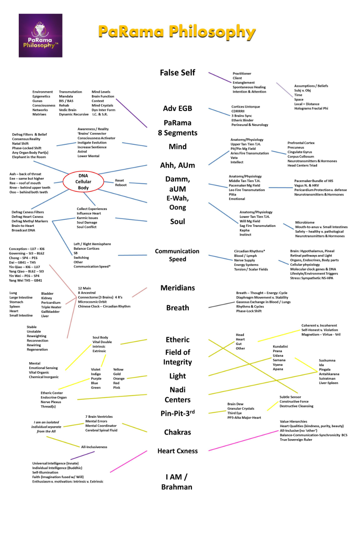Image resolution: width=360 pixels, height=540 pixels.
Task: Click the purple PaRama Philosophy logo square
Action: (x=40, y=35)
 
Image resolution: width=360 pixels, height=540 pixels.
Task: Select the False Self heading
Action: (x=177, y=73)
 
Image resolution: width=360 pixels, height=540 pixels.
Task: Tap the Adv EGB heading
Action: (x=177, y=108)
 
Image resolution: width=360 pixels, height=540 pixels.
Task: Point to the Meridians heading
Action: (x=178, y=288)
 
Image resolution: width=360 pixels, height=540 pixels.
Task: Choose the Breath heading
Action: (x=178, y=308)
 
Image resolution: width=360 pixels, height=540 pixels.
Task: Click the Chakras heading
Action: (x=178, y=432)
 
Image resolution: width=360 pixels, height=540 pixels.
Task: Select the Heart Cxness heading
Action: (x=178, y=451)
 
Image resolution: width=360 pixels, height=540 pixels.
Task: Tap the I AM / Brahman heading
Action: (x=177, y=482)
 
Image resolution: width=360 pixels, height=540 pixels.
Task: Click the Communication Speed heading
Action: (x=177, y=255)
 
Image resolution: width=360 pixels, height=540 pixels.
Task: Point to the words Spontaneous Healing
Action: (x=249, y=87)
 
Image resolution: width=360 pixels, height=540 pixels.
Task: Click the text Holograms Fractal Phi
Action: (x=311, y=108)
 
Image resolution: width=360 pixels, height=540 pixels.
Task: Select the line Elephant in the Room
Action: (x=29, y=157)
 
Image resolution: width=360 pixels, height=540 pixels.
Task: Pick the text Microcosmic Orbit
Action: (x=92, y=302)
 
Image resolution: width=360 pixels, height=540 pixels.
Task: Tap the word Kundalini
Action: (x=280, y=346)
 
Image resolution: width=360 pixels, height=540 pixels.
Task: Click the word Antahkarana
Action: (x=329, y=374)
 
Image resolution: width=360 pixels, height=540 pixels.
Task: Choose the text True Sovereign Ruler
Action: (x=296, y=440)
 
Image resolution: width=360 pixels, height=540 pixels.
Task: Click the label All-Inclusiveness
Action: (x=94, y=447)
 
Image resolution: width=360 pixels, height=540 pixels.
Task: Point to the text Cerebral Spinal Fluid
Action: (x=101, y=430)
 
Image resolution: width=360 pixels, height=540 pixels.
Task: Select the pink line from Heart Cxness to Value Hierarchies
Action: (x=243, y=441)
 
